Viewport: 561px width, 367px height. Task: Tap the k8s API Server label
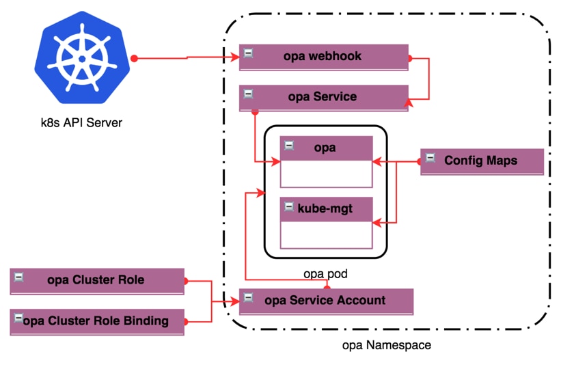tap(81, 123)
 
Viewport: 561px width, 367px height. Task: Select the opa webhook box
tap(323, 57)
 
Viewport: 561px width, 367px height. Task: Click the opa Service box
tap(323, 97)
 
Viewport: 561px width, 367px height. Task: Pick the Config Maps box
tap(482, 161)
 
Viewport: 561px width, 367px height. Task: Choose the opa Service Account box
tap(326, 301)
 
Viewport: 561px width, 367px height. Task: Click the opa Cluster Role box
tap(97, 280)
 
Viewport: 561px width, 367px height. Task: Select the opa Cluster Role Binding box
tap(97, 321)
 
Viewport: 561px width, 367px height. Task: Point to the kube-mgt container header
tap(326, 208)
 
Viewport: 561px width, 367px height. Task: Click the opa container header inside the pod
tap(326, 148)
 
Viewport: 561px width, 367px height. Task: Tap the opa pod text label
tap(325, 274)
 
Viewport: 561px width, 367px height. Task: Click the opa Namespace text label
tap(386, 345)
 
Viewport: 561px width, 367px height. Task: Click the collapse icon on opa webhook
tap(249, 53)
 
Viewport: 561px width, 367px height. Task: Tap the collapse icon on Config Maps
tap(430, 159)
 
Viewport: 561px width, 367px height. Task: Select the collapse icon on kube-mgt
tap(290, 206)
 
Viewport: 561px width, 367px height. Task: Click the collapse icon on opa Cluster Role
tap(19, 277)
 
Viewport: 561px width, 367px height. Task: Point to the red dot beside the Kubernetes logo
tap(135, 59)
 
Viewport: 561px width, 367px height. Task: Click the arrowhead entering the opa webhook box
tap(235, 58)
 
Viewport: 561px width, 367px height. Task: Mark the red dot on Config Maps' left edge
tap(420, 162)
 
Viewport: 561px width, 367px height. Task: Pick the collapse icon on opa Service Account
tap(249, 298)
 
